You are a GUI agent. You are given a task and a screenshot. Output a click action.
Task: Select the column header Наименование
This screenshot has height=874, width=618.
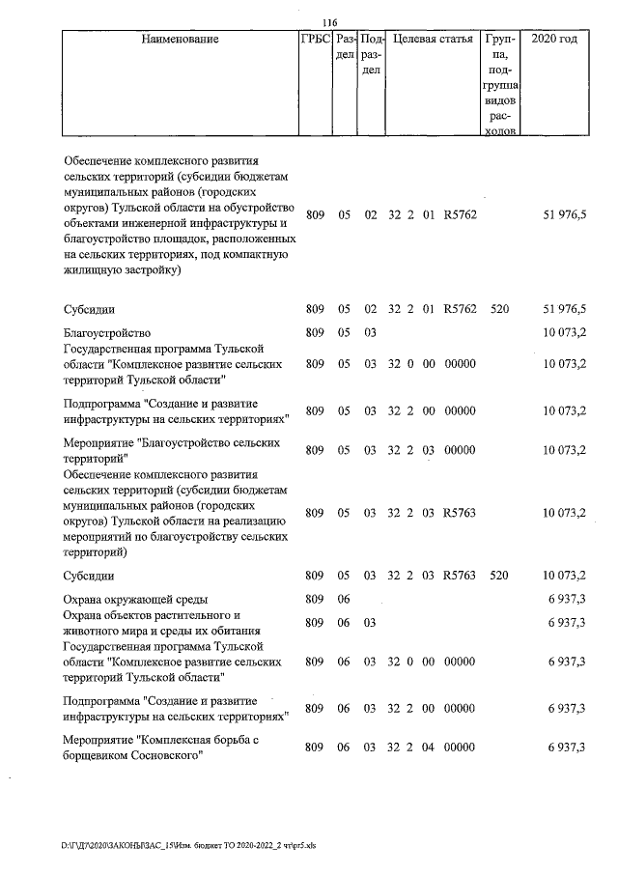(180, 40)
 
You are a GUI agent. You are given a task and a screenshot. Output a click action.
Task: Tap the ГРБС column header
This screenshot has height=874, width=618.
(316, 40)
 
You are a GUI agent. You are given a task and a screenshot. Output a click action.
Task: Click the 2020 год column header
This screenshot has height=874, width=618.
(561, 40)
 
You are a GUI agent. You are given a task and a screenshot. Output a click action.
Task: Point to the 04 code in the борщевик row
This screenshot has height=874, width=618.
(426, 748)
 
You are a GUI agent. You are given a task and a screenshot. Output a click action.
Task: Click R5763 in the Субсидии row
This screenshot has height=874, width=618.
(460, 576)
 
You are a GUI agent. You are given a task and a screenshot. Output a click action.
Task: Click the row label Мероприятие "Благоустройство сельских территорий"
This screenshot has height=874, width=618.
(171, 450)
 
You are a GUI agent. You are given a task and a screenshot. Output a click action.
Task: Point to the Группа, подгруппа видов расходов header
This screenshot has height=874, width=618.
(500, 84)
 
